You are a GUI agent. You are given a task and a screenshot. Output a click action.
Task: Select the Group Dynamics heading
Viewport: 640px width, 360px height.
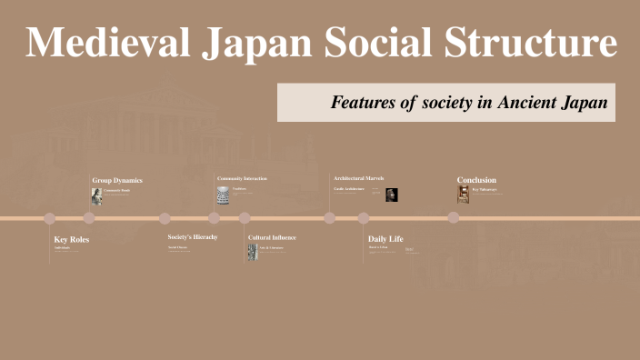(117, 180)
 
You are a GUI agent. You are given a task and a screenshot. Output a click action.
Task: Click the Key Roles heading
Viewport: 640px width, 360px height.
(72, 239)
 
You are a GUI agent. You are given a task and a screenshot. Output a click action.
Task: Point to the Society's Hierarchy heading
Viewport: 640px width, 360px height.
(193, 237)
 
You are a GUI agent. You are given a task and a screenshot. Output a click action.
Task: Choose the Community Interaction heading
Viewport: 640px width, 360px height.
(242, 178)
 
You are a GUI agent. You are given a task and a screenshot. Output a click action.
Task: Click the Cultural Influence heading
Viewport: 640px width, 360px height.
(272, 237)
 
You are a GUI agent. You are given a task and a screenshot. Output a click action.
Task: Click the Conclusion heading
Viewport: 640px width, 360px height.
(476, 179)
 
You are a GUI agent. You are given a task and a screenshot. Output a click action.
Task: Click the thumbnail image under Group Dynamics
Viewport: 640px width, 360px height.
(96, 195)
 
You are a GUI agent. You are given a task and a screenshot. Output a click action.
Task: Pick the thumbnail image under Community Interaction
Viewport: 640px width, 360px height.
(223, 195)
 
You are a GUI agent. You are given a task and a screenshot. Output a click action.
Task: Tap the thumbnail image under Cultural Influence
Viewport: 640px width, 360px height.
(253, 251)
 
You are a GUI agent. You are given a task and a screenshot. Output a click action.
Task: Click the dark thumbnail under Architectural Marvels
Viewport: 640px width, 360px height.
(392, 195)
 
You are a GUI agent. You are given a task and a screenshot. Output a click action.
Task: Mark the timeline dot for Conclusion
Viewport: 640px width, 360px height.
(453, 217)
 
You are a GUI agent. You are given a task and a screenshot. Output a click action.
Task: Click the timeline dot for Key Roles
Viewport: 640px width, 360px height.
(50, 218)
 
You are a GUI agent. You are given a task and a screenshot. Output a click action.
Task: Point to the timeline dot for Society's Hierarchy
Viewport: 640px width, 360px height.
(165, 218)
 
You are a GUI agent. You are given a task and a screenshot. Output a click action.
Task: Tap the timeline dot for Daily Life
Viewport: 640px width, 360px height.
(364, 218)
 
